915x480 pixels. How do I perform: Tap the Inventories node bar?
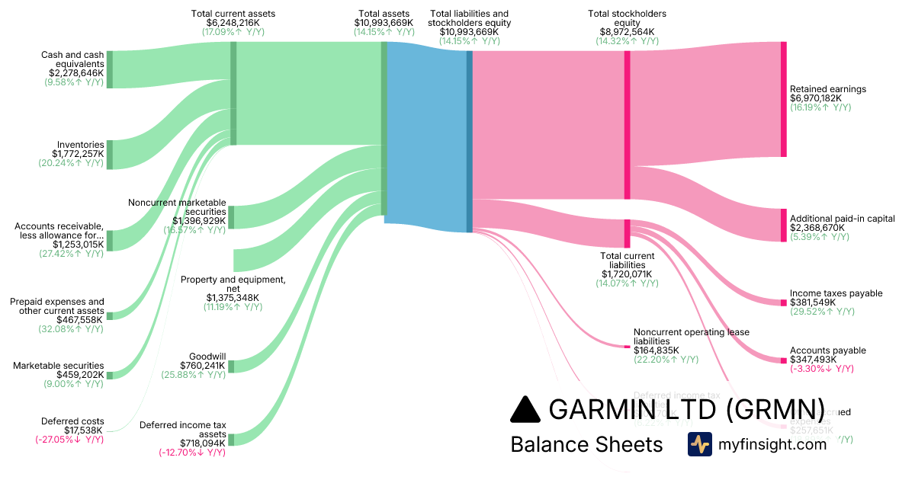110,155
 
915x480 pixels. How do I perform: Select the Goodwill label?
206,355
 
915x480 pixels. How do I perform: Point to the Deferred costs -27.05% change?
69,440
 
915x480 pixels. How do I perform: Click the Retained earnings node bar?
783,99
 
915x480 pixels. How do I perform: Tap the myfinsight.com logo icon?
699,444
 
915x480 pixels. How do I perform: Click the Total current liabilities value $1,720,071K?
627,274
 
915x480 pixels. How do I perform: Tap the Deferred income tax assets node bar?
231,439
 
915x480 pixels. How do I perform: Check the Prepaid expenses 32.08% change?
71,329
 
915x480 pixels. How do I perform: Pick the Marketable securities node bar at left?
110,375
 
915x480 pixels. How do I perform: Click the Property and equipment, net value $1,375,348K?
233,298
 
